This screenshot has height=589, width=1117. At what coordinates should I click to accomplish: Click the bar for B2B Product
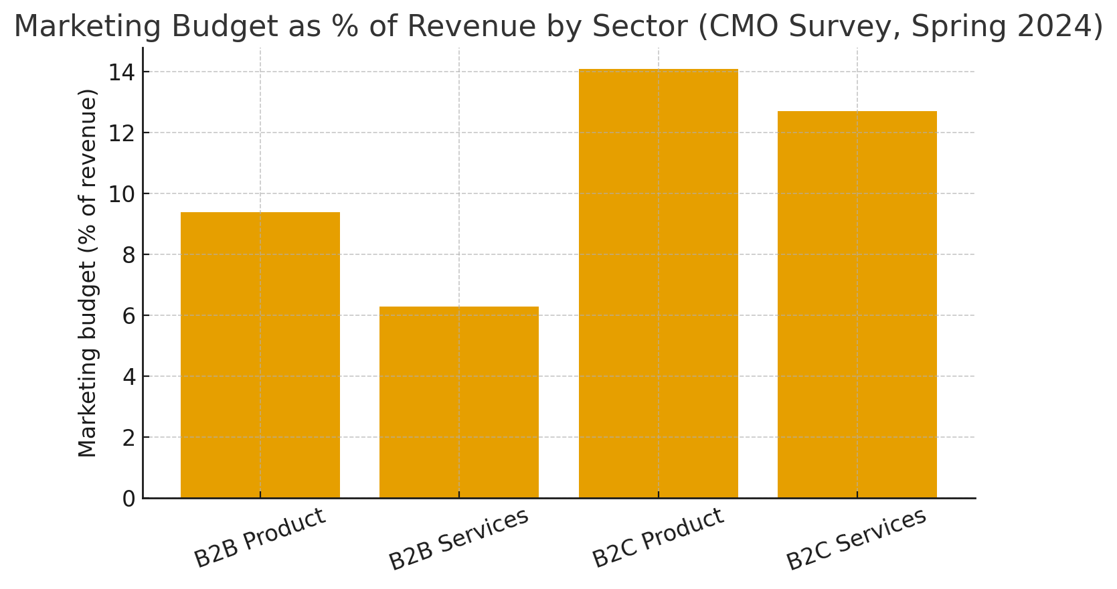click(x=260, y=355)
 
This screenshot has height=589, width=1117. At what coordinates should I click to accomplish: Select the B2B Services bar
click(x=458, y=402)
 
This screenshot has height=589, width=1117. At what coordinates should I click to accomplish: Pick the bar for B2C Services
click(x=857, y=305)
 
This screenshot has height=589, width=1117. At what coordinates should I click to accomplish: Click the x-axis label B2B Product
click(x=260, y=538)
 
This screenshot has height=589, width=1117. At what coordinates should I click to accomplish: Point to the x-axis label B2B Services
click(x=458, y=539)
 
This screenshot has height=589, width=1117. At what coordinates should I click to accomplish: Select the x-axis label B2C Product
click(x=658, y=538)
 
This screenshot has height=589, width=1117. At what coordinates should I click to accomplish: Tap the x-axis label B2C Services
click(x=856, y=539)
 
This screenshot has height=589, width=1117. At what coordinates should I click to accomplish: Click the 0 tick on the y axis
click(x=128, y=499)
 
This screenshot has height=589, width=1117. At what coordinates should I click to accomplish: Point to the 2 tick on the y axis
click(x=128, y=438)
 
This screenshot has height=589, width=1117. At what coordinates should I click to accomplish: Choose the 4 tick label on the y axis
click(x=128, y=377)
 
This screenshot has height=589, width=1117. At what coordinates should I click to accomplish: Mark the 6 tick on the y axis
click(x=128, y=316)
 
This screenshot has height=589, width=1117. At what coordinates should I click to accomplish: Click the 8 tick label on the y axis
click(x=128, y=255)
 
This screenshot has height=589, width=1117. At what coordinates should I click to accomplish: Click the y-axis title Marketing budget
click(x=88, y=273)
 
